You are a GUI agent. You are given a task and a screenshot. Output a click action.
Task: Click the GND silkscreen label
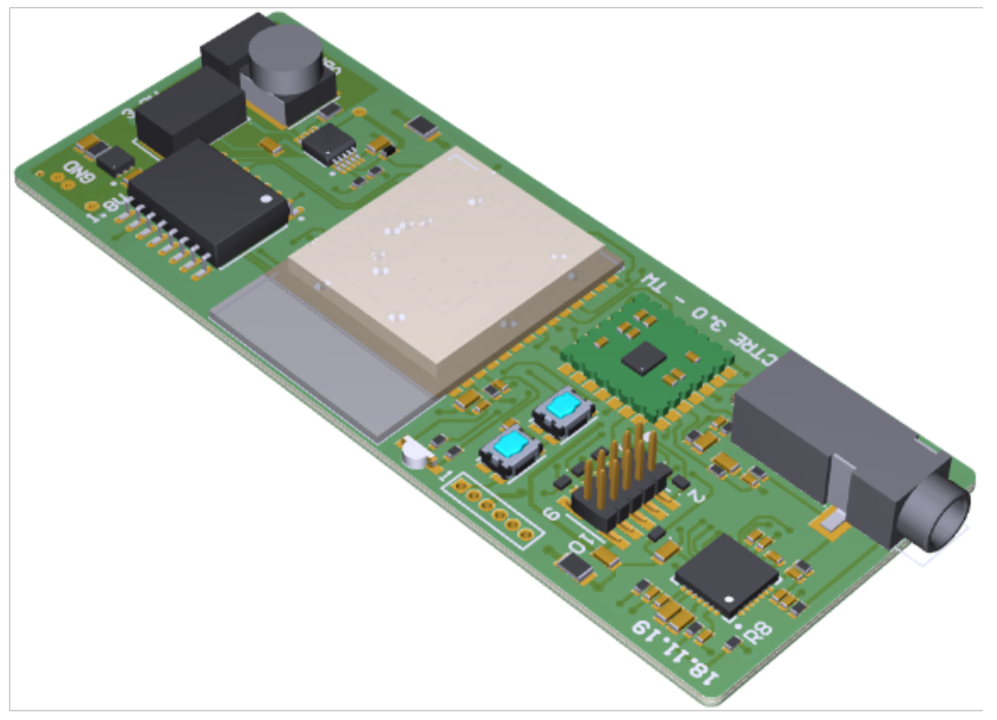(x=79, y=172)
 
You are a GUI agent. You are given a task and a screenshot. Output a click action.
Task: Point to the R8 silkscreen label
(x=758, y=633)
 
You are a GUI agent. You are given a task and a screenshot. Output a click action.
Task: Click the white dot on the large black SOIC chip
(x=266, y=199)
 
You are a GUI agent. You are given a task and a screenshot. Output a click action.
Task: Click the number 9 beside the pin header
(x=551, y=514)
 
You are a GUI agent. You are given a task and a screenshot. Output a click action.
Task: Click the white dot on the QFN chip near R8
(x=729, y=599)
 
